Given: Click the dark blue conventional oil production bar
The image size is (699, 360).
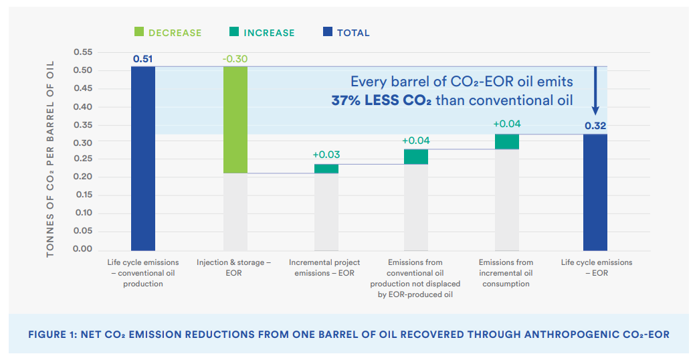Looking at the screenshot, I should [x=142, y=159].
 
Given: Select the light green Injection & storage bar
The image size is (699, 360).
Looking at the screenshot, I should [x=235, y=120].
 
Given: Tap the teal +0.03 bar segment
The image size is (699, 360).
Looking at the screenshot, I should [x=326, y=169].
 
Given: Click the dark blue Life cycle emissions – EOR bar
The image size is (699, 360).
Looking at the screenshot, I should [x=595, y=192].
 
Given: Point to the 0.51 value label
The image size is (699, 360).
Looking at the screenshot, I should [x=142, y=59].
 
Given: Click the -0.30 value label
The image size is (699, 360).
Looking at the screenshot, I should [x=235, y=59].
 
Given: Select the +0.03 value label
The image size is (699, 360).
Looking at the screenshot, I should [x=326, y=155].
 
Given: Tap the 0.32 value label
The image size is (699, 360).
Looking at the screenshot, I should [x=595, y=125].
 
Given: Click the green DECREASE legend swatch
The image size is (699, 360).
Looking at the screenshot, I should [x=139, y=32].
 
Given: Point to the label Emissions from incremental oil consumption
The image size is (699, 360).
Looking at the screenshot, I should [x=506, y=273].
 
